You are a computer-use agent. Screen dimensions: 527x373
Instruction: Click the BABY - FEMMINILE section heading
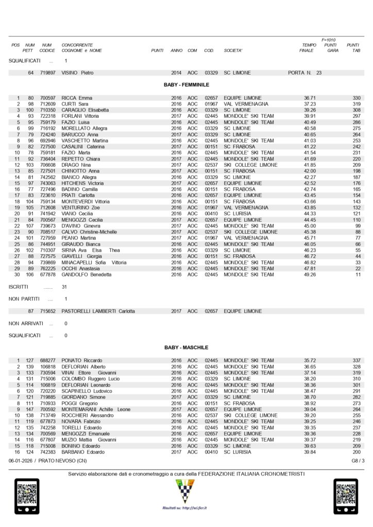click(186, 85)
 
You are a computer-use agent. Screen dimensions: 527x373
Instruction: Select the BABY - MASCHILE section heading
click(186, 348)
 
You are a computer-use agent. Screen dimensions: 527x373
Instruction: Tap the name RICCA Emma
click(77, 98)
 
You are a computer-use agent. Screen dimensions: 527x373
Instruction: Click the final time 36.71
click(310, 98)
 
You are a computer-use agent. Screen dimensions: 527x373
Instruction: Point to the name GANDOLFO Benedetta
click(87, 275)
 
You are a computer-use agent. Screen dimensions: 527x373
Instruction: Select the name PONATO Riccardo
click(81, 360)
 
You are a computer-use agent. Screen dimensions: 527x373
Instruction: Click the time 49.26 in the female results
click(310, 275)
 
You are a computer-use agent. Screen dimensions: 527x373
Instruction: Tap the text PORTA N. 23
click(305, 73)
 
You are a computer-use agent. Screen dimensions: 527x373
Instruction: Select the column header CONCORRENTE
click(77, 45)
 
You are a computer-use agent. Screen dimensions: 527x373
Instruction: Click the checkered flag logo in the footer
click(186, 492)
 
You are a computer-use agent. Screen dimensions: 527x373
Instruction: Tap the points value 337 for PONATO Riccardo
click(356, 360)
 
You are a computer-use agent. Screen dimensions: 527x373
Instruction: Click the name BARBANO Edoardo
click(81, 452)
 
